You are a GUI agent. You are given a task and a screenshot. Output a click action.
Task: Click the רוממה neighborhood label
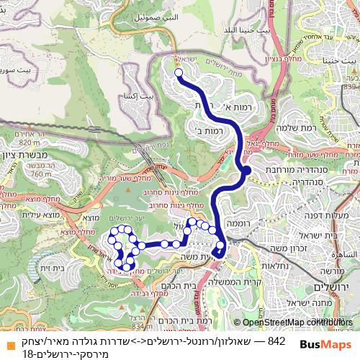pyautogui.click(x=237, y=224)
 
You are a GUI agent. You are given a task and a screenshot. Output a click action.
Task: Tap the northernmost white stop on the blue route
pyautogui.click(x=178, y=72)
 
